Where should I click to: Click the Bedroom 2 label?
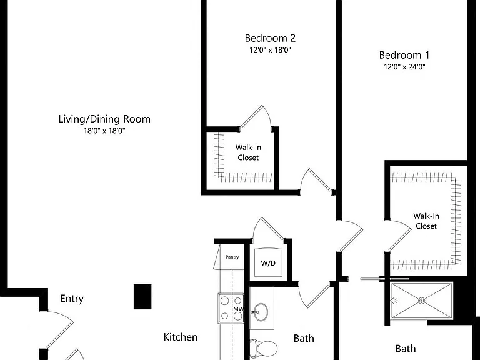270,38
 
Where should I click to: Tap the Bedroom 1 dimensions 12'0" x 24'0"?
405,67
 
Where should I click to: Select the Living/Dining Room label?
104,119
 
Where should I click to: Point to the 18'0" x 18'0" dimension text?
105,131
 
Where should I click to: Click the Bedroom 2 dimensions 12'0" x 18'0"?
270,50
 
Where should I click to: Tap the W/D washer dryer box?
268,262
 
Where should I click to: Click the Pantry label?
232,257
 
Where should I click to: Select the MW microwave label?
238,309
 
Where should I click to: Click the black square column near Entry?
142,297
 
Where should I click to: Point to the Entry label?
72,299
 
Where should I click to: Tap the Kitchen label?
180,337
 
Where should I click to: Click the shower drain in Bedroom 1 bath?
421,301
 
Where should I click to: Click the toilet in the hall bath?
263,348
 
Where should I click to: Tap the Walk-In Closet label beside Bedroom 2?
248,152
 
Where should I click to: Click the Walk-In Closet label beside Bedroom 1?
426,221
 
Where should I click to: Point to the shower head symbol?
394,301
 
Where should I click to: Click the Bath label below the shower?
406,349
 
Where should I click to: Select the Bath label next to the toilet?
304,338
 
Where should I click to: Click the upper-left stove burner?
225,301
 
